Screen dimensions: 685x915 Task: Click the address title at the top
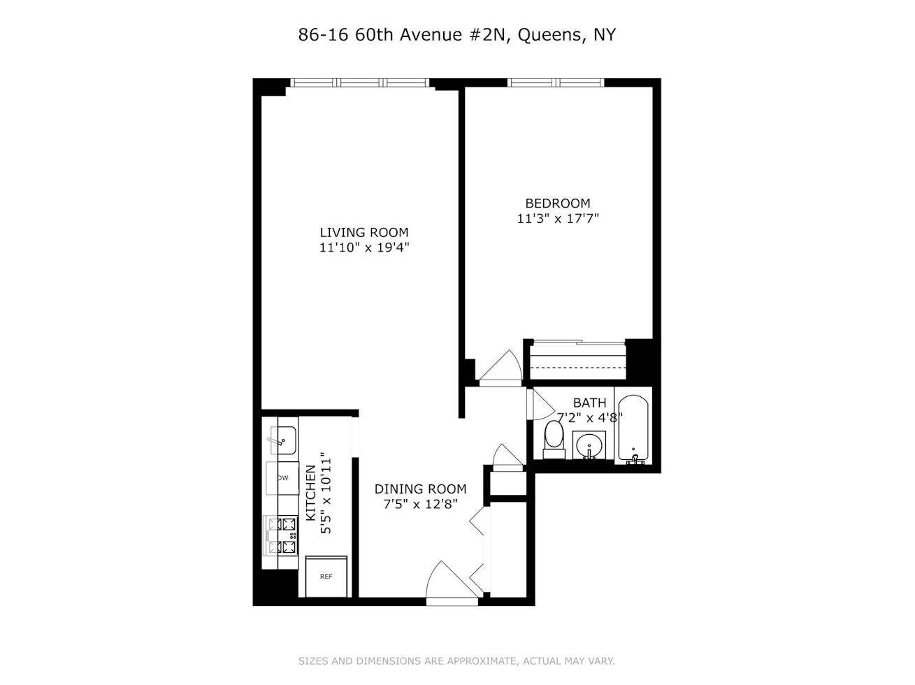pos(457,35)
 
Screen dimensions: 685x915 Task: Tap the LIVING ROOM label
pos(364,232)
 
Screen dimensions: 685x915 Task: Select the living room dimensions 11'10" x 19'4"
pos(364,247)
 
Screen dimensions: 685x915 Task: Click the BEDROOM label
pos(558,203)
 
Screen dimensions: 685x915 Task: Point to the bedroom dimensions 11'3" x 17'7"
pos(558,218)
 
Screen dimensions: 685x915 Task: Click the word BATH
pos(589,403)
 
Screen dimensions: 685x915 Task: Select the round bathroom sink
pos(591,445)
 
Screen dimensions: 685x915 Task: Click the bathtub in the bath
pos(634,428)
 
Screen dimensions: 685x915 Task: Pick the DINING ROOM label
pos(420,489)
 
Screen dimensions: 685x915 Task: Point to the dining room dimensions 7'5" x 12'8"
pos(420,504)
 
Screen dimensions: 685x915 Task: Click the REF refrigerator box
pos(326,577)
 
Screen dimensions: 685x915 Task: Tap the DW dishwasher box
pos(284,478)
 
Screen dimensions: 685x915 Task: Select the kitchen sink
pos(283,440)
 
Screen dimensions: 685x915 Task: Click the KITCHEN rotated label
pos(310,493)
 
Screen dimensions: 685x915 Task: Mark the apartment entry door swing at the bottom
pos(449,582)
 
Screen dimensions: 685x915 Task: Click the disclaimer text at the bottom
pos(457,661)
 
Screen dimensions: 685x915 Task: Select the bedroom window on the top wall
pos(556,82)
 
